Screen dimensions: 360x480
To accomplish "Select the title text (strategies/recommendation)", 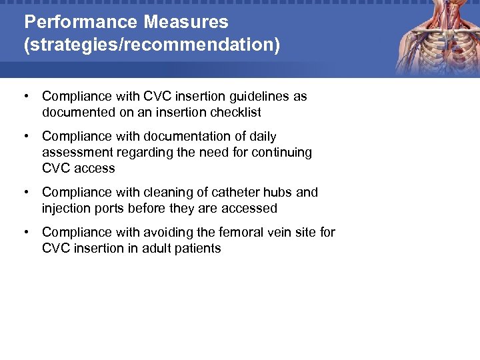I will (152, 45).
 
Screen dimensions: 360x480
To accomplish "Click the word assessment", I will (76, 153).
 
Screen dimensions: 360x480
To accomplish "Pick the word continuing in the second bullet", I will (279, 153).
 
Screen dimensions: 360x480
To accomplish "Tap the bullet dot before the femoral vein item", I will (25, 232).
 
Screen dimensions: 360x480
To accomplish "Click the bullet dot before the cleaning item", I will (25, 192).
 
